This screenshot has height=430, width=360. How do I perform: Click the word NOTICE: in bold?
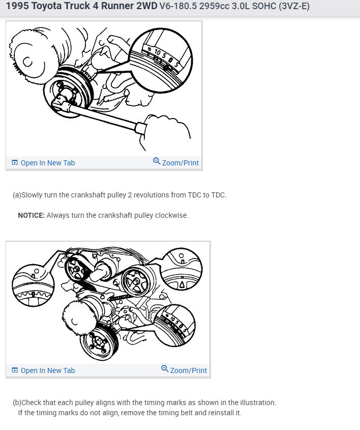tap(31, 215)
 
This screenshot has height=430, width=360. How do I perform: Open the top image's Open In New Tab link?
tap(47, 163)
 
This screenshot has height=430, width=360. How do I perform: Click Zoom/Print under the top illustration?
tap(180, 163)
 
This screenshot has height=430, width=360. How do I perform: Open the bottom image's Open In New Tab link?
tap(47, 370)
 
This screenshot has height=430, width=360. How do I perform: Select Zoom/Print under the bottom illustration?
tap(188, 370)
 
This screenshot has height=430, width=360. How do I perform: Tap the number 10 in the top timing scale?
tap(158, 52)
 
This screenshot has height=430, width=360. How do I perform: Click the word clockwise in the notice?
tap(172, 215)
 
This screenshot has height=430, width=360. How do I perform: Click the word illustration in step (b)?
tap(255, 403)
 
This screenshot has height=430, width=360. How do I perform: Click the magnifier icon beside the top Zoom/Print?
tap(157, 162)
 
